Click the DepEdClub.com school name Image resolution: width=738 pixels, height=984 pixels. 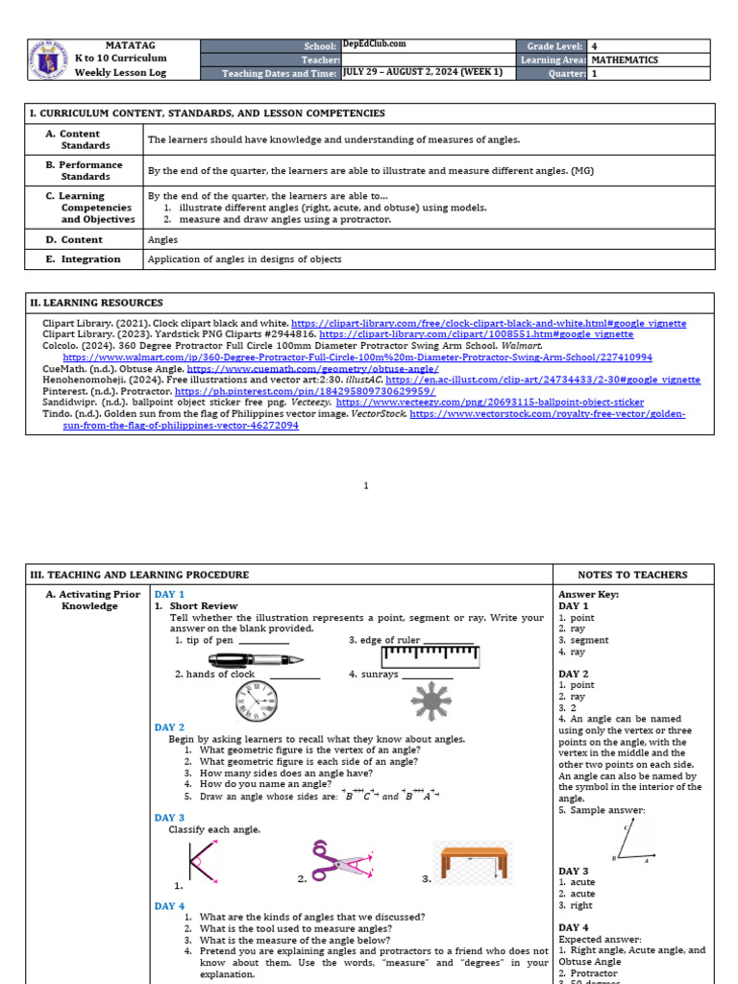tap(374, 44)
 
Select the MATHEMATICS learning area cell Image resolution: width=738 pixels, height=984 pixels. tap(625, 60)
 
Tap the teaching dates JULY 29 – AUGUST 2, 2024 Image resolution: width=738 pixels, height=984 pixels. tap(422, 73)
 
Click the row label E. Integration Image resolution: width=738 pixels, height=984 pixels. tap(84, 259)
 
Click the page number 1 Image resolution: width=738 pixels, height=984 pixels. tap(366, 485)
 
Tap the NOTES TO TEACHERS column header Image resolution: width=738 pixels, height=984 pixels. tap(632, 575)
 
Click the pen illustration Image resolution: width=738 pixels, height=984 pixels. tap(256, 659)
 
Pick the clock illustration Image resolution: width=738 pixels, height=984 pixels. tap(257, 702)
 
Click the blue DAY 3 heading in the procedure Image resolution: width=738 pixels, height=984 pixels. tap(169, 818)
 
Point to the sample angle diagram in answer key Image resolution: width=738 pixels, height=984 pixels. tap(627, 843)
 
